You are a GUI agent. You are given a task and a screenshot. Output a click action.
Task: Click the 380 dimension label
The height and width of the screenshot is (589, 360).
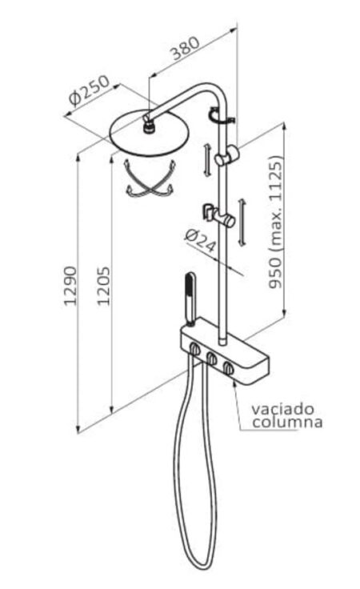click(x=186, y=48)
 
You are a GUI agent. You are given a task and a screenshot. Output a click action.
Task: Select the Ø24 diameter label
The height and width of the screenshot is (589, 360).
click(x=201, y=241)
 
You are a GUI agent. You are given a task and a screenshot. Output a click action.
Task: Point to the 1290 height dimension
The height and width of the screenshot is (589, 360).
click(x=70, y=286)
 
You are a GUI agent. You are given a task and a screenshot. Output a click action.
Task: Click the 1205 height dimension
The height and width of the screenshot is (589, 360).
click(x=104, y=286)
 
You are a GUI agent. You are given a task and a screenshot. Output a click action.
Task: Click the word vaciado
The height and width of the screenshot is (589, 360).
click(x=282, y=408)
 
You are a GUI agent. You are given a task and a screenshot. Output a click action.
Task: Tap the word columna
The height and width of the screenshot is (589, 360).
click(x=287, y=422)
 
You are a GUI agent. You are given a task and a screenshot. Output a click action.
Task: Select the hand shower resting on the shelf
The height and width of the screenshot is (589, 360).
click(x=190, y=299)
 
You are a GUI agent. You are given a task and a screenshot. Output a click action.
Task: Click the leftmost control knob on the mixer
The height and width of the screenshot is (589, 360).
click(x=195, y=350)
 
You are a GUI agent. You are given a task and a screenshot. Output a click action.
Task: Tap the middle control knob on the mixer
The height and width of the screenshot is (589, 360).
click(x=212, y=359)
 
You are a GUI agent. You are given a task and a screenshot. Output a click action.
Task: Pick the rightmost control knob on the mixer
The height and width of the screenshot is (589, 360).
click(x=228, y=368)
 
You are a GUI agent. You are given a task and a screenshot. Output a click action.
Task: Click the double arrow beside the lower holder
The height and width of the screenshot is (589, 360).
click(x=242, y=222)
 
